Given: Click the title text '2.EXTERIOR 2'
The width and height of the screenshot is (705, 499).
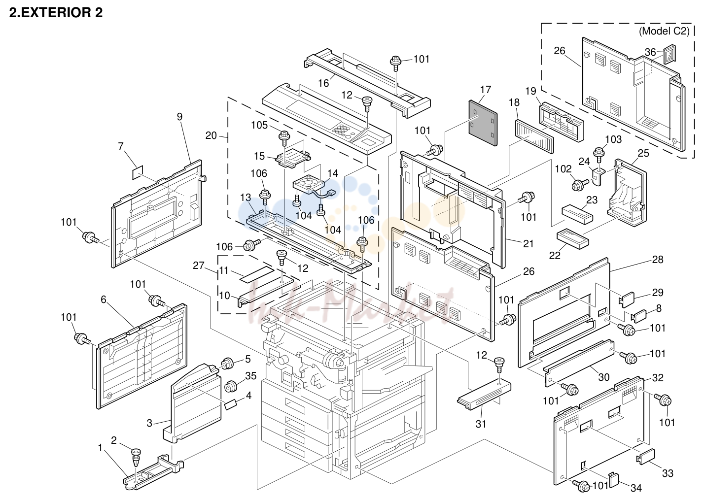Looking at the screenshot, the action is coord(56,13).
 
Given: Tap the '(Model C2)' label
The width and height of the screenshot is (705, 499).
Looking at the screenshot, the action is coord(664,31).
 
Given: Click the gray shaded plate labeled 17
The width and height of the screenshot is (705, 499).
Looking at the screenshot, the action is coord(483,123).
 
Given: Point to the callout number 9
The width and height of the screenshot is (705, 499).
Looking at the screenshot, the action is coord(179,117).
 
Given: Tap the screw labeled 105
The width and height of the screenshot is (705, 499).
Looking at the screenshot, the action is coord(284,138).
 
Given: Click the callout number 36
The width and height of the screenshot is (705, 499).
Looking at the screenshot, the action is coord(650,52).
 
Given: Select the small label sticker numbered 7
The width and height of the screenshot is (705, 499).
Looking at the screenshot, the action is coord(137,172).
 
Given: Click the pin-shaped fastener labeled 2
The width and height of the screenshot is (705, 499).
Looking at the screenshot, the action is coord(136,458).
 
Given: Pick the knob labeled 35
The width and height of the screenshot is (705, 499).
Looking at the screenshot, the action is coord(231,386).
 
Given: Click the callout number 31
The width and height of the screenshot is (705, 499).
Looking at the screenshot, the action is coord(481,424).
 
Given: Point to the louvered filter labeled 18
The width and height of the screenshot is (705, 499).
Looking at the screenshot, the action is coord(534,136).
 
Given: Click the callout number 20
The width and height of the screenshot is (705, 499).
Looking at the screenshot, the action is coord(211,135).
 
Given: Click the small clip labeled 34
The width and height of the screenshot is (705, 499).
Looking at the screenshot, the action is coord(613,480).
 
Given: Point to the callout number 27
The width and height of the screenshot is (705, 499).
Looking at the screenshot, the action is coord(199,266).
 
